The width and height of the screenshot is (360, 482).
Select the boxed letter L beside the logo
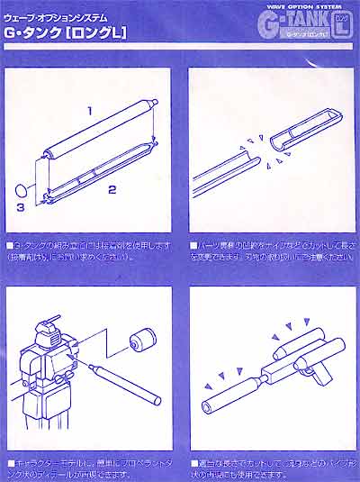click(340, 26)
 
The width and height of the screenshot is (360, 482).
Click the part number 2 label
click(112, 190)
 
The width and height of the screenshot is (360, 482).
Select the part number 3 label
click(20, 208)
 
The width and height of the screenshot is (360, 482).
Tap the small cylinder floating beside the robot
click(140, 341)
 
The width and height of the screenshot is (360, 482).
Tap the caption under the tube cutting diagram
click(271, 250)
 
